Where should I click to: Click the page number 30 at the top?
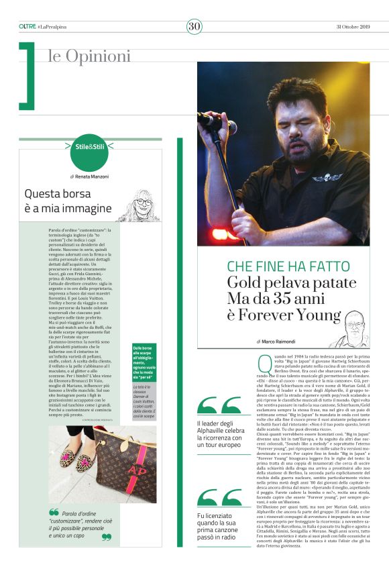pos(194,26)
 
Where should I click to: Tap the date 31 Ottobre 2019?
pos(350,26)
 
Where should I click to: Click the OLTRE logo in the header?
pos(27,26)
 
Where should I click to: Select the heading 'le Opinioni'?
pos(89,56)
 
